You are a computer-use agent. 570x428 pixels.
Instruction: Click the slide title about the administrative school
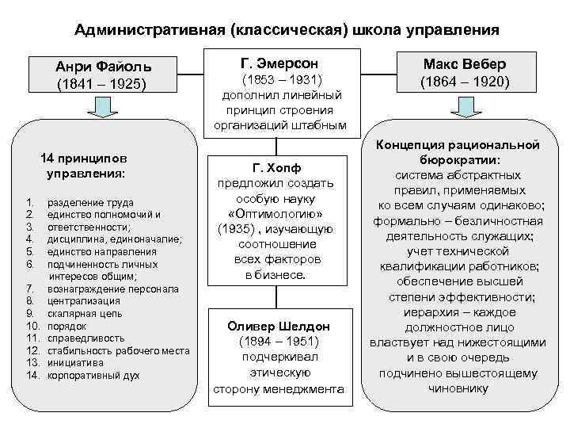click(286, 30)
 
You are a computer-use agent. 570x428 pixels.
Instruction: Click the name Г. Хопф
click(279, 168)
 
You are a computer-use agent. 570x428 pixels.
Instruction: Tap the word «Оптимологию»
click(279, 215)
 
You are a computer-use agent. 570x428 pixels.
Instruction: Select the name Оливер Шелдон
click(279, 326)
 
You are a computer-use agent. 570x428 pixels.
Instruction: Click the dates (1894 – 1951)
click(279, 342)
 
